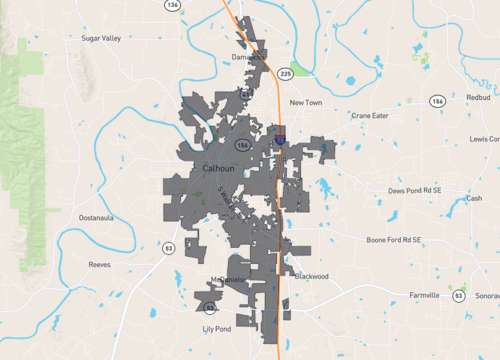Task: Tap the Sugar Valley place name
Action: (101, 38)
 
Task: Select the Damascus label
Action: (249, 57)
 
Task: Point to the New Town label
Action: (308, 102)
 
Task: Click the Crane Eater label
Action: (369, 115)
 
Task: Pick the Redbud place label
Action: (477, 98)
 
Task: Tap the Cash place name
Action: (474, 198)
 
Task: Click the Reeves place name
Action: (99, 265)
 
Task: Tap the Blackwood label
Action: (312, 276)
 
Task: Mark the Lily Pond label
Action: (216, 329)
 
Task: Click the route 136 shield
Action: (173, 5)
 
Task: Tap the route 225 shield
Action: (285, 73)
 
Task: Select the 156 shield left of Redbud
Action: (437, 101)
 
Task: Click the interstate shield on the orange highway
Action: (280, 141)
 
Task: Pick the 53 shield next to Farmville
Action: (458, 296)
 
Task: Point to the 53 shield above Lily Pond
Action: (209, 309)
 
